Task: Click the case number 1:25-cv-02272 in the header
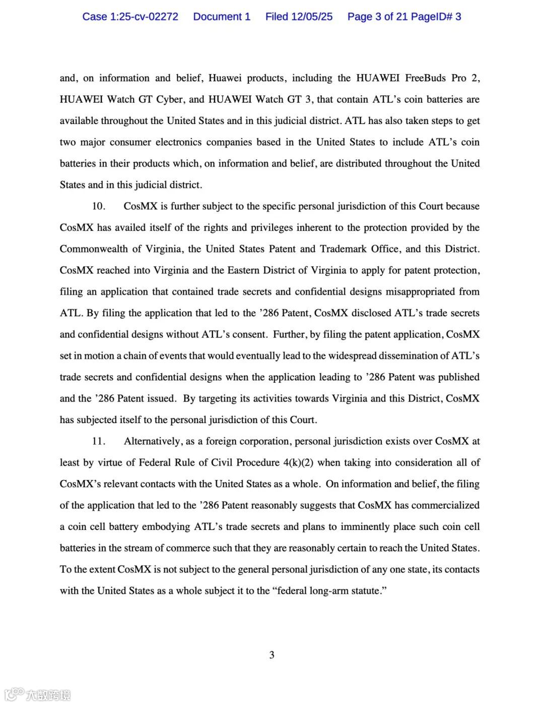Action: point(144,17)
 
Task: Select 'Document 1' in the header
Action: point(222,17)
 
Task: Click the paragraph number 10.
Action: point(98,206)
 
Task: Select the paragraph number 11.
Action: point(98,441)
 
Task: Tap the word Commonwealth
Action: point(93,249)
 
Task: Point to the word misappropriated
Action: point(420,291)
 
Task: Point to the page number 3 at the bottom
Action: point(272,655)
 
